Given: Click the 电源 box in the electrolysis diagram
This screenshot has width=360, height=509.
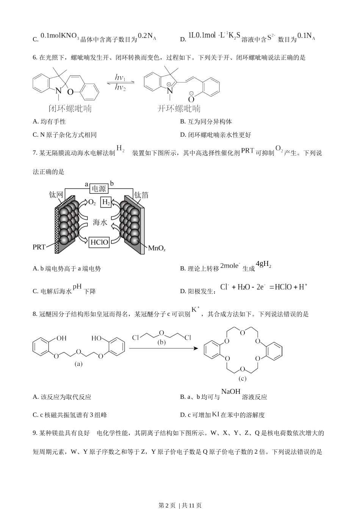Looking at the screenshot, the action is pyautogui.click(x=99, y=188).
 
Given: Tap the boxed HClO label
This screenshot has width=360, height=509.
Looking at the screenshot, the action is pyautogui.click(x=99, y=242).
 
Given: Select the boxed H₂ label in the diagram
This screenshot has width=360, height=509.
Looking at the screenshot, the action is pyautogui.click(x=106, y=202).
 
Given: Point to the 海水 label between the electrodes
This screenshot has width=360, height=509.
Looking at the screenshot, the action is pyautogui.click(x=100, y=222).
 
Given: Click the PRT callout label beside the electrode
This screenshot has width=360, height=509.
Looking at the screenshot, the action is pyautogui.click(x=39, y=247).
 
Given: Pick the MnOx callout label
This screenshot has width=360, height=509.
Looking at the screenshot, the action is pyautogui.click(x=157, y=248).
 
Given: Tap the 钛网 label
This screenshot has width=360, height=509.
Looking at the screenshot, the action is pyautogui.click(x=56, y=195).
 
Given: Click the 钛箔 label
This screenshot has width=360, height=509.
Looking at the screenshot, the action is pyautogui.click(x=141, y=195).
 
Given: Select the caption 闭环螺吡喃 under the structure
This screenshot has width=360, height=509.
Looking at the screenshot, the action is pyautogui.click(x=70, y=109).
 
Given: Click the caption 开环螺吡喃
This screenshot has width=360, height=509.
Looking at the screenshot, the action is pyautogui.click(x=179, y=108).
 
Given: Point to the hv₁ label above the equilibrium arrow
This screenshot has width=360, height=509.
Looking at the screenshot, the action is pyautogui.click(x=120, y=78).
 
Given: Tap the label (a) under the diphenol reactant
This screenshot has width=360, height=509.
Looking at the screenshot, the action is pyautogui.click(x=78, y=364).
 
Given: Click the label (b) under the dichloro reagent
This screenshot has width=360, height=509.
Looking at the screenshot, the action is pyautogui.click(x=161, y=342).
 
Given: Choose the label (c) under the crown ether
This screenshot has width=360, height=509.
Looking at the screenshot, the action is pyautogui.click(x=243, y=378).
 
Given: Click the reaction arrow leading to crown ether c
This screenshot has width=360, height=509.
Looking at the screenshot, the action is pyautogui.click(x=163, y=348).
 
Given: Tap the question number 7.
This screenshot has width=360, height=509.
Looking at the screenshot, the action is pyautogui.click(x=35, y=153).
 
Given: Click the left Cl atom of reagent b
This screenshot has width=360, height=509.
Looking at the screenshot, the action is pyautogui.click(x=136, y=338).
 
